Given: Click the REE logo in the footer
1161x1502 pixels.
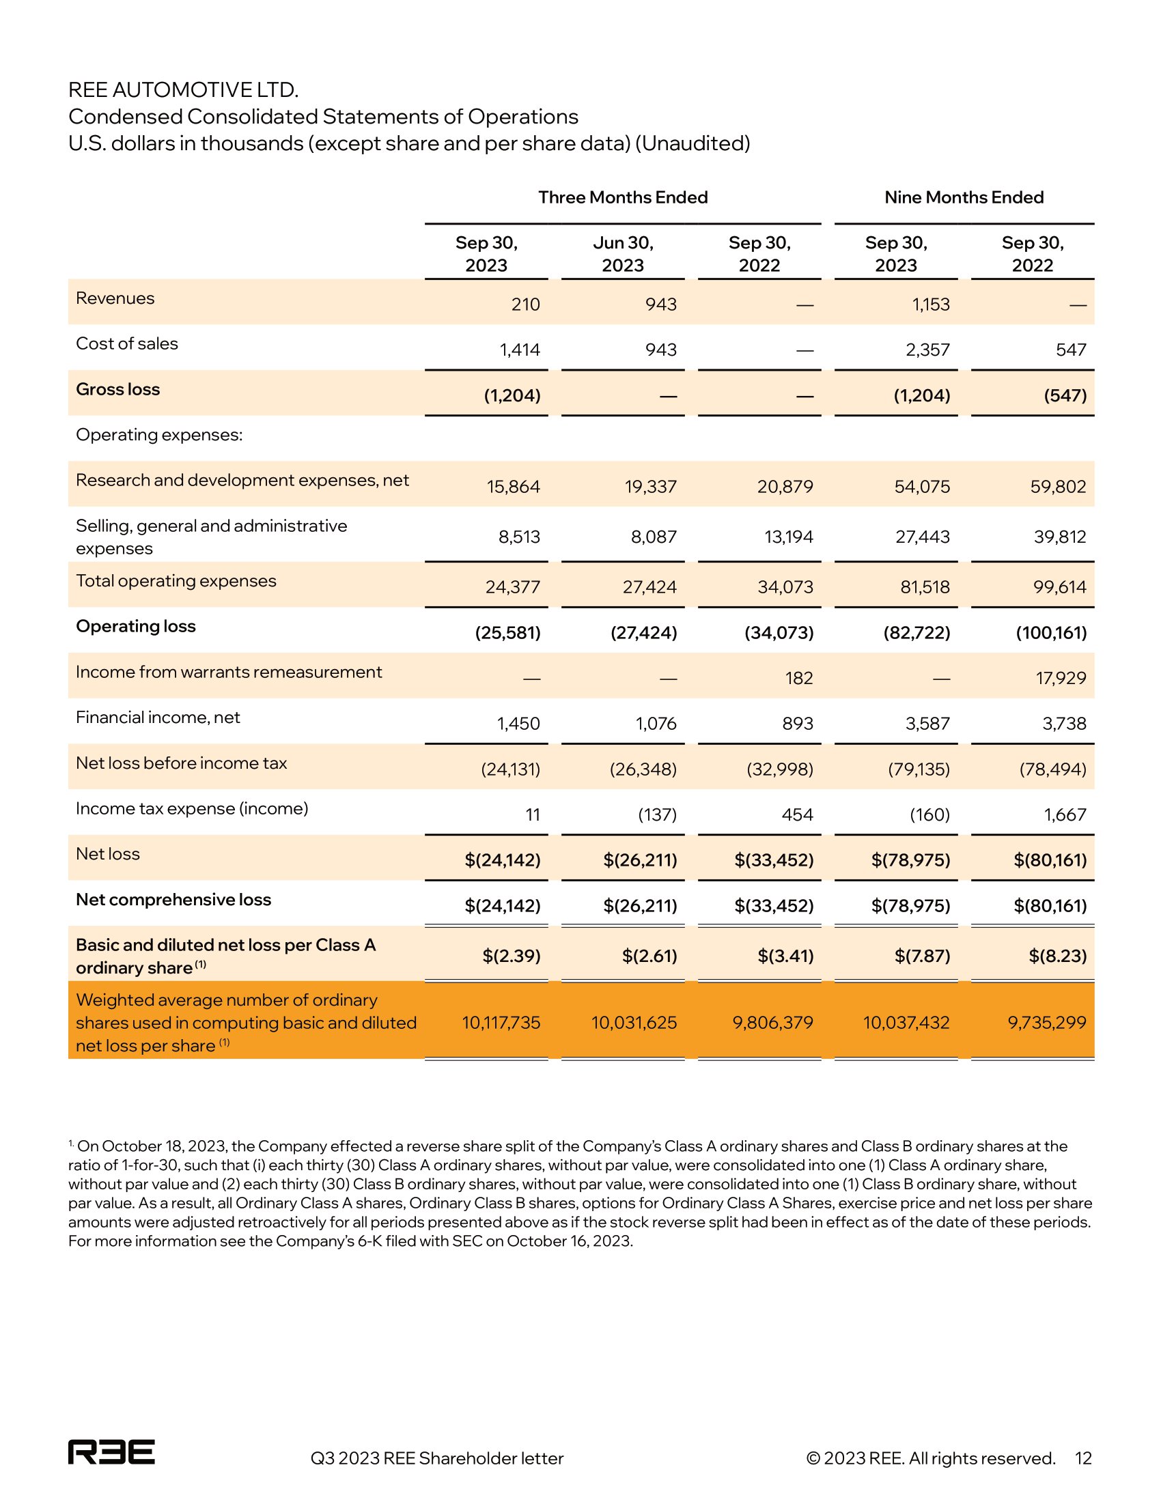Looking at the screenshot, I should pyautogui.click(x=111, y=1451).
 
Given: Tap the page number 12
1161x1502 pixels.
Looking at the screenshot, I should pyautogui.click(x=1083, y=1458).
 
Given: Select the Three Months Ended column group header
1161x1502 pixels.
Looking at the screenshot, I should pyautogui.click(x=622, y=197).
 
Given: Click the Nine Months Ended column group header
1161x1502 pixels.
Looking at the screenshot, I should pyautogui.click(x=964, y=197).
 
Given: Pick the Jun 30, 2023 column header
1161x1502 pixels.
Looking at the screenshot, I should pyautogui.click(x=622, y=254).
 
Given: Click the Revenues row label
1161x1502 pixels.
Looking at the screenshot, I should pyautogui.click(x=115, y=298).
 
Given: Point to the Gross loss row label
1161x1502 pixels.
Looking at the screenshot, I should pyautogui.click(x=117, y=389).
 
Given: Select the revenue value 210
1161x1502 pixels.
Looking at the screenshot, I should pyautogui.click(x=525, y=304).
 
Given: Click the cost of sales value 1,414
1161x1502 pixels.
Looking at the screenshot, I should pyautogui.click(x=519, y=350).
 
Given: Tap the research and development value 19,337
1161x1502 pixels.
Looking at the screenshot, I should pyautogui.click(x=650, y=487).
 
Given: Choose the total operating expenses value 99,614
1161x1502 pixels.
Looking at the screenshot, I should pyautogui.click(x=1059, y=587).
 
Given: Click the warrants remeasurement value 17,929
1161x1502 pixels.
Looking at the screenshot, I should pyautogui.click(x=1061, y=678).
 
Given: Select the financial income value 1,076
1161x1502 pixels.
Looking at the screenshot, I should pyautogui.click(x=656, y=724).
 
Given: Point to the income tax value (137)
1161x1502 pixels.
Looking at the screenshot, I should pyautogui.click(x=657, y=815).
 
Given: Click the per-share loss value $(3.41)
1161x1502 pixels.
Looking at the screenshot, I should pyautogui.click(x=785, y=956).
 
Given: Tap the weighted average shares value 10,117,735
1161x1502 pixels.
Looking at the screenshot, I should pyautogui.click(x=501, y=1023).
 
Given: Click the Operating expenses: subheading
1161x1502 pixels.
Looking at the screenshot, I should pyautogui.click(x=159, y=435).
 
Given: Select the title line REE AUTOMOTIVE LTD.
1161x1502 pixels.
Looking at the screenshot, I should pyautogui.click(x=183, y=90).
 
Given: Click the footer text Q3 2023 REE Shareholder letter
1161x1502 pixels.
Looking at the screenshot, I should pyautogui.click(x=437, y=1459).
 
